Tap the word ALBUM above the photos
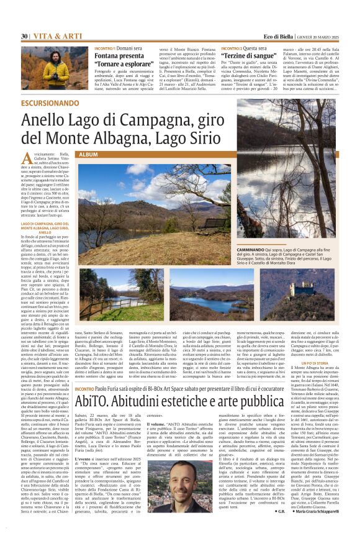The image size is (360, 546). click(x=89, y=153)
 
